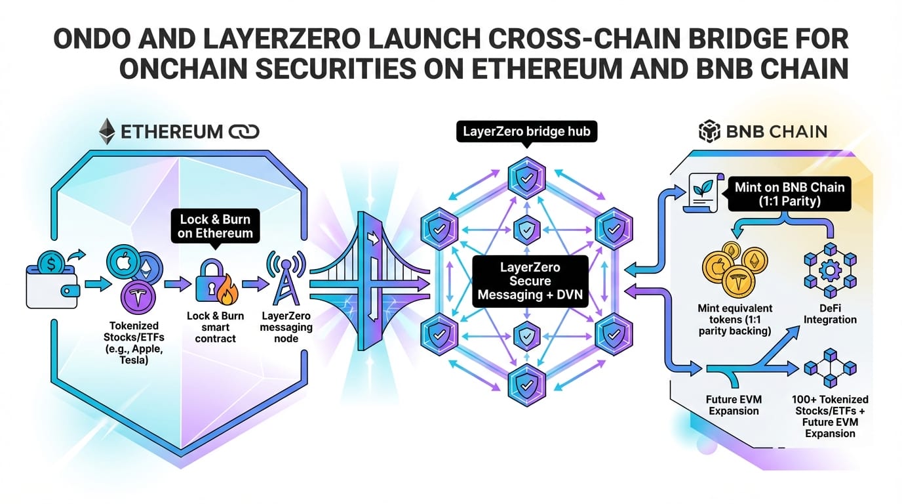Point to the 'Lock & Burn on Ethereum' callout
(x=215, y=226)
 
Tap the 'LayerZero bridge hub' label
(x=526, y=131)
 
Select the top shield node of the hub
(x=526, y=175)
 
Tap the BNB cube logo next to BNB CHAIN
(x=709, y=131)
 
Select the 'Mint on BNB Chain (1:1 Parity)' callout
(x=789, y=194)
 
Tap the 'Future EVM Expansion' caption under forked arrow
(x=732, y=405)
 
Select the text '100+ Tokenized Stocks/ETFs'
(x=829, y=405)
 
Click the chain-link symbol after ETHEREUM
(x=245, y=132)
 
